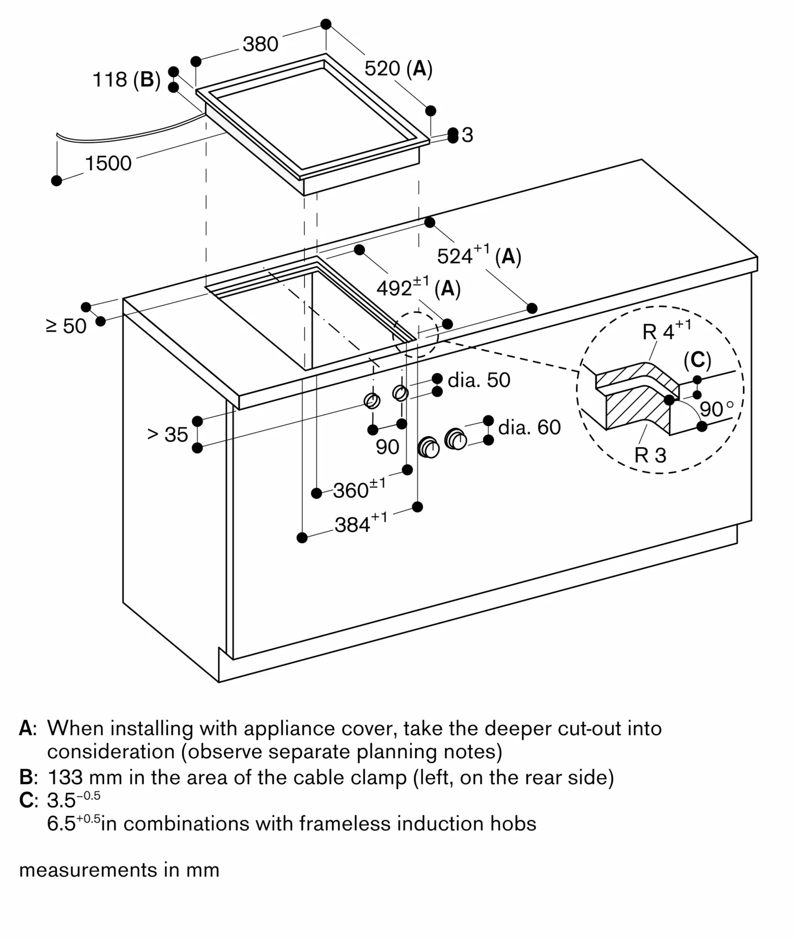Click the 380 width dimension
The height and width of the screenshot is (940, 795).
pyautogui.click(x=261, y=44)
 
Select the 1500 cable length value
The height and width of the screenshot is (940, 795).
pyautogui.click(x=108, y=164)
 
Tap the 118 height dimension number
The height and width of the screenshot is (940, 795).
pyautogui.click(x=110, y=79)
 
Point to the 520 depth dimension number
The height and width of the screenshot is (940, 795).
pyautogui.click(x=382, y=69)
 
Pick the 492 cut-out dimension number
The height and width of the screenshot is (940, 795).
pyautogui.click(x=394, y=288)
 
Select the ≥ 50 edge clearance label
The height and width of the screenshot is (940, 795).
pyautogui.click(x=66, y=326)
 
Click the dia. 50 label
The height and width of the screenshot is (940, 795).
pyautogui.click(x=479, y=380)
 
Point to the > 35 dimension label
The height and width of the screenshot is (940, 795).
pyautogui.click(x=168, y=434)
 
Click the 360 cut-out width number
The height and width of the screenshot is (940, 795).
pyautogui.click(x=351, y=491)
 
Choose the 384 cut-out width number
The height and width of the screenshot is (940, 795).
pyautogui.click(x=352, y=525)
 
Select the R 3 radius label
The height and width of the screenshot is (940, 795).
pyautogui.click(x=650, y=455)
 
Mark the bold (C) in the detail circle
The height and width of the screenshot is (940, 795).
pyautogui.click(x=697, y=360)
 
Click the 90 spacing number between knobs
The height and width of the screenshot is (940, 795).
pyautogui.click(x=387, y=447)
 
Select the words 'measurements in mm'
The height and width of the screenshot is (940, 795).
pyautogui.click(x=119, y=870)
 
